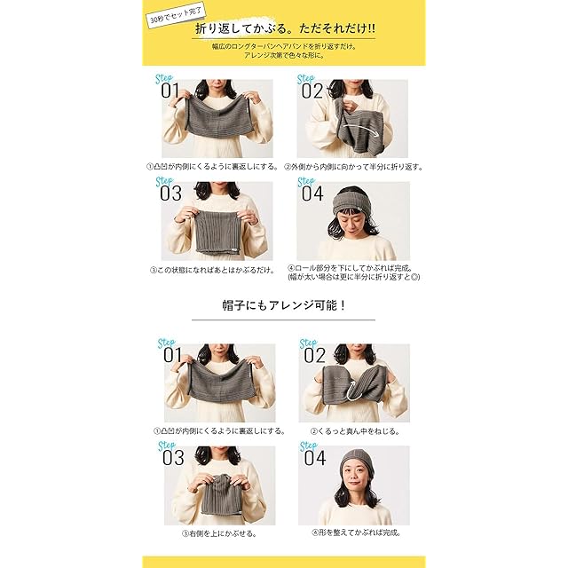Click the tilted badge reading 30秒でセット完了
(x=176, y=15)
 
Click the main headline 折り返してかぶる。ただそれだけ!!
(x=285, y=28)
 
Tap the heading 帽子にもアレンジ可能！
(x=284, y=305)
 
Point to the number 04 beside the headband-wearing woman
(x=312, y=193)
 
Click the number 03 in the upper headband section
(x=170, y=193)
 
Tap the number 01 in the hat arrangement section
(x=172, y=355)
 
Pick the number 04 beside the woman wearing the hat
(x=315, y=458)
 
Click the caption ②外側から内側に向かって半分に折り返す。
(x=353, y=167)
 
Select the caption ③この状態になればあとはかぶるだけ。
(x=213, y=270)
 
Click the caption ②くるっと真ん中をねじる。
(x=355, y=431)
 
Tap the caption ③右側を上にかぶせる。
(x=220, y=533)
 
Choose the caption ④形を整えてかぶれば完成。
(x=357, y=532)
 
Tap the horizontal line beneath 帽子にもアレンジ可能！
(x=283, y=319)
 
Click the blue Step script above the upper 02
(x=305, y=79)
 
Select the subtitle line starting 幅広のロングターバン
(x=284, y=47)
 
